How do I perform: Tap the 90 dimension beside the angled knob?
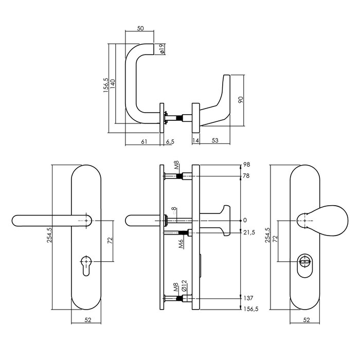point(240,99)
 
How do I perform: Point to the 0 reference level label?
point(246,221)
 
